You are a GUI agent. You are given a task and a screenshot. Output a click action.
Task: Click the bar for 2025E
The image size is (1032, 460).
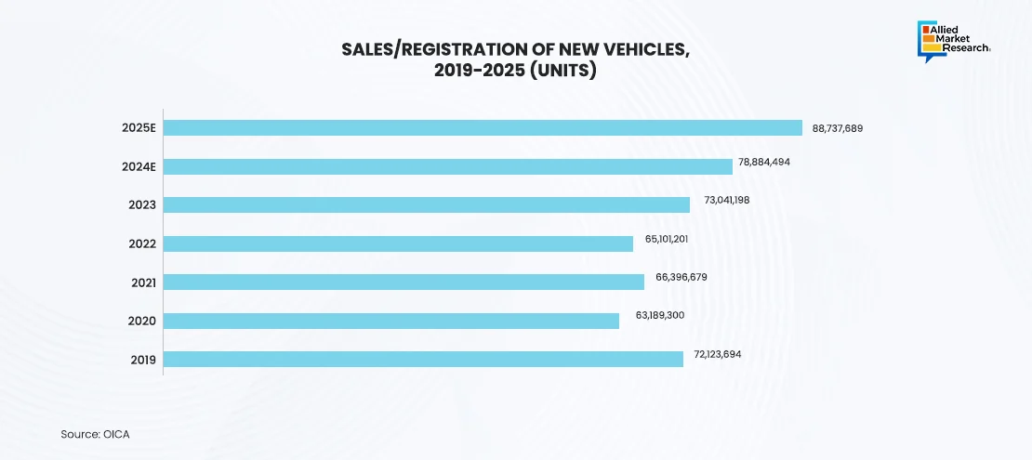pyautogui.click(x=483, y=128)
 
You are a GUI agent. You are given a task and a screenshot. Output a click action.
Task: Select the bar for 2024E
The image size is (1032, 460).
pyautogui.click(x=448, y=166)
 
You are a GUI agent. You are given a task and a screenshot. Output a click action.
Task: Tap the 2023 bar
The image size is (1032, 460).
pyautogui.click(x=427, y=204)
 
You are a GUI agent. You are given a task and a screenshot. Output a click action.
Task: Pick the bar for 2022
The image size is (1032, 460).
pyautogui.click(x=398, y=243)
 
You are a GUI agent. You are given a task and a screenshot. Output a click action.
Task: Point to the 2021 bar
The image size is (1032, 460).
pyautogui.click(x=404, y=282)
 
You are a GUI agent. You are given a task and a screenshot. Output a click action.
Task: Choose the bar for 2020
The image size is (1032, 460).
pyautogui.click(x=391, y=321)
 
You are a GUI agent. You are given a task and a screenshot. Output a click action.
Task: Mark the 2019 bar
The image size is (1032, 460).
pyautogui.click(x=423, y=359)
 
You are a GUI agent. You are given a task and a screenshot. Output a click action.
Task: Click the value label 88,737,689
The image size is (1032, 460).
pyautogui.click(x=838, y=128)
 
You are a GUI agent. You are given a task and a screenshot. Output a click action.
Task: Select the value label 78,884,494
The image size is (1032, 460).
pyautogui.click(x=764, y=162)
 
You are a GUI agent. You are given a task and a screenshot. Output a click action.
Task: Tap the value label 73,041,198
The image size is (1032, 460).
pyautogui.click(x=721, y=200)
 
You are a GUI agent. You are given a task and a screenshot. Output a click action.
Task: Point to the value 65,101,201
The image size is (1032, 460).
pyautogui.click(x=667, y=239)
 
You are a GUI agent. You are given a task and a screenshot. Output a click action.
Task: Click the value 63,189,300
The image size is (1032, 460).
pyautogui.click(x=660, y=316)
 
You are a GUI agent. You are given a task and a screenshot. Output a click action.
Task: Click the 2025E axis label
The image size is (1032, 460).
pyautogui.click(x=139, y=128)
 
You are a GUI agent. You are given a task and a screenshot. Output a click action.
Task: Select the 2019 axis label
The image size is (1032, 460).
pyautogui.click(x=142, y=360)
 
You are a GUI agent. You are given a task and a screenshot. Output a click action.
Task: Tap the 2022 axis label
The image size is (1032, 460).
pyautogui.click(x=142, y=243)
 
